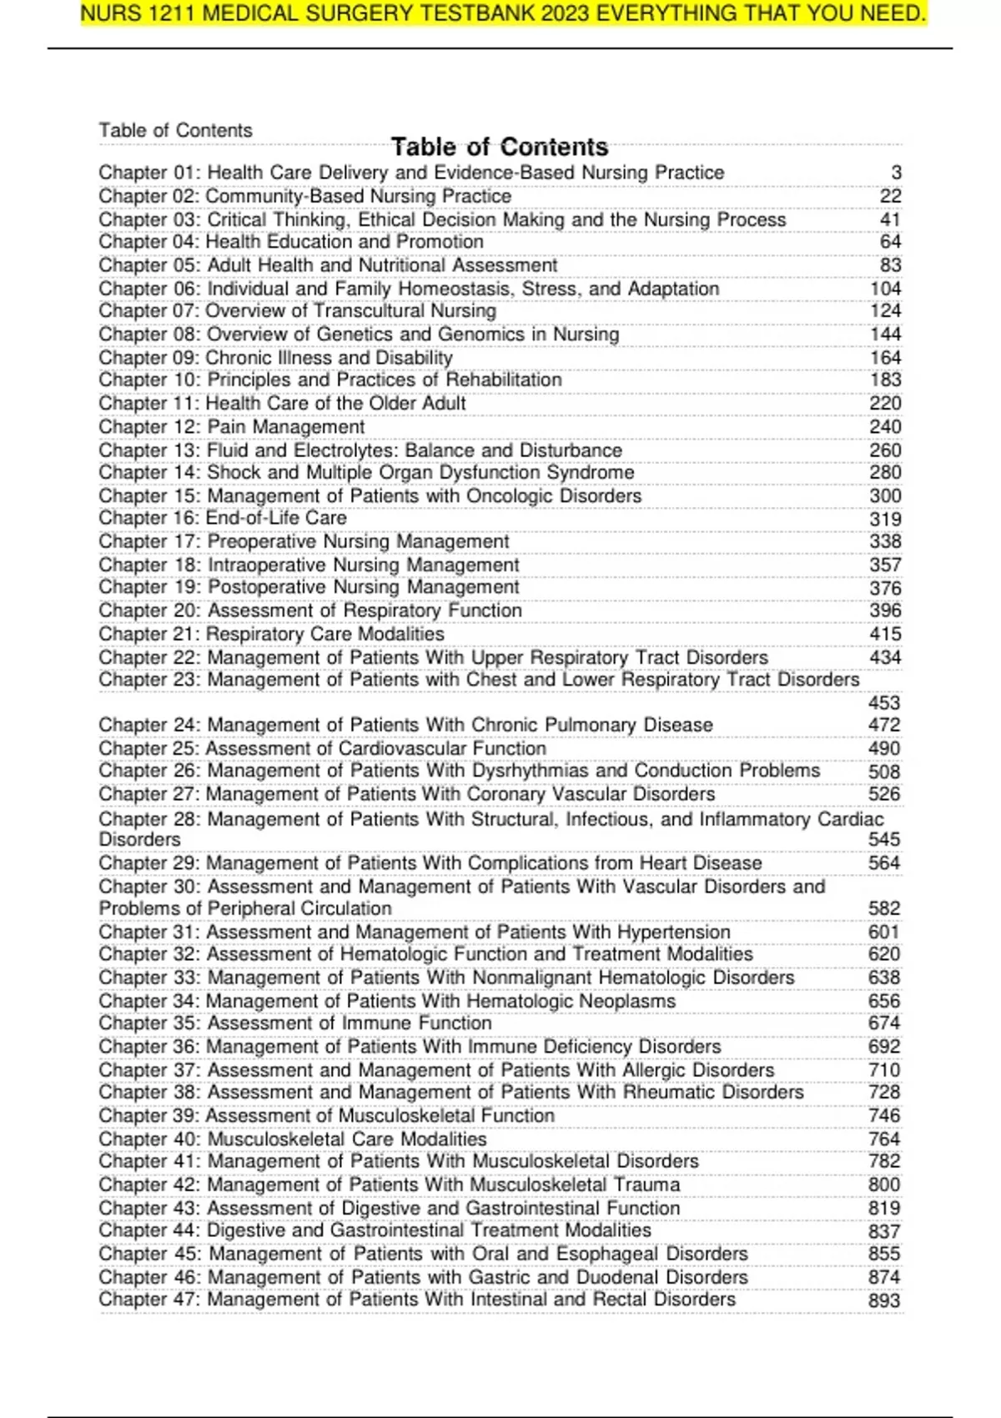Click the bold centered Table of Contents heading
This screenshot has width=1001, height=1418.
pyautogui.click(x=500, y=148)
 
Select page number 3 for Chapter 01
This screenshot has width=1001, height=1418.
pyautogui.click(x=896, y=173)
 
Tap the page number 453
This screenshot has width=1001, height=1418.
pyautogui.click(x=883, y=702)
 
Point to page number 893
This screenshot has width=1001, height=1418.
pyautogui.click(x=883, y=1300)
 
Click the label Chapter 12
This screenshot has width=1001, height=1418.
pyautogui.click(x=148, y=426)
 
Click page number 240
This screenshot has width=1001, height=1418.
pyautogui.click(x=884, y=426)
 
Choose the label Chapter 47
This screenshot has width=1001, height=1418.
pyautogui.click(x=148, y=1300)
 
